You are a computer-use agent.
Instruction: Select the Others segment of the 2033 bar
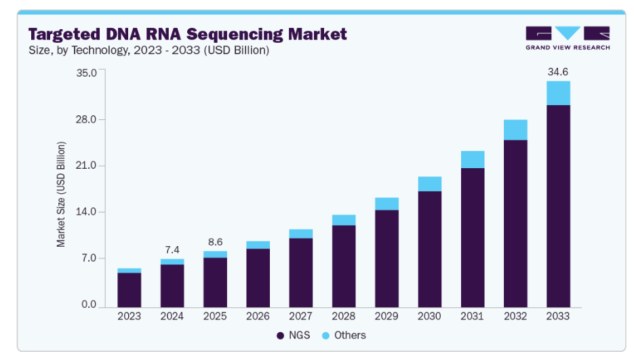[558, 93]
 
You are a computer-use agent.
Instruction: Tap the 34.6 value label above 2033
[558, 71]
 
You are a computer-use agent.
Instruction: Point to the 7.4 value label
[172, 249]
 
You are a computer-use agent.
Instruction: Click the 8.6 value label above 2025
[215, 241]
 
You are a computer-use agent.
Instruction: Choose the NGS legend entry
[293, 335]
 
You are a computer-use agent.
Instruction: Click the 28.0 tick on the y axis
[87, 120]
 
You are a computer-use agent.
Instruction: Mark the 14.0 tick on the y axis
[87, 212]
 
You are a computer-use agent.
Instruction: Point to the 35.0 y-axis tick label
[87, 73]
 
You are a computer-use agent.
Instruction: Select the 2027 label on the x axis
[301, 317]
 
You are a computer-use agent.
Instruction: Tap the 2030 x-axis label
[430, 317]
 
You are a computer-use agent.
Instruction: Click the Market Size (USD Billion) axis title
[62, 194]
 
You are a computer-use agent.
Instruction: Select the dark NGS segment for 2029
[387, 258]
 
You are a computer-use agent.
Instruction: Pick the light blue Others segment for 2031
[473, 159]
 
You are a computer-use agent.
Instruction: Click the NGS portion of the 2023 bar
[130, 289]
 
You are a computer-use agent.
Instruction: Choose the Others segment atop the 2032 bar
[515, 129]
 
